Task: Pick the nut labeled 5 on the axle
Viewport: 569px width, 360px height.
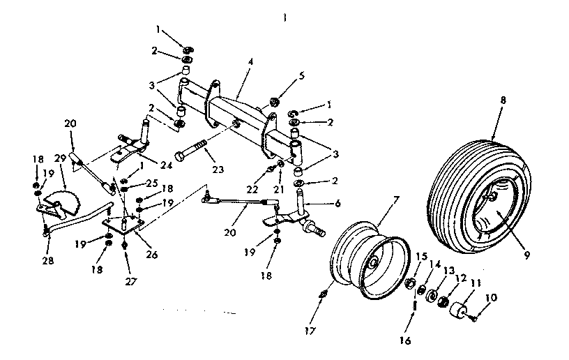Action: point(274,103)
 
